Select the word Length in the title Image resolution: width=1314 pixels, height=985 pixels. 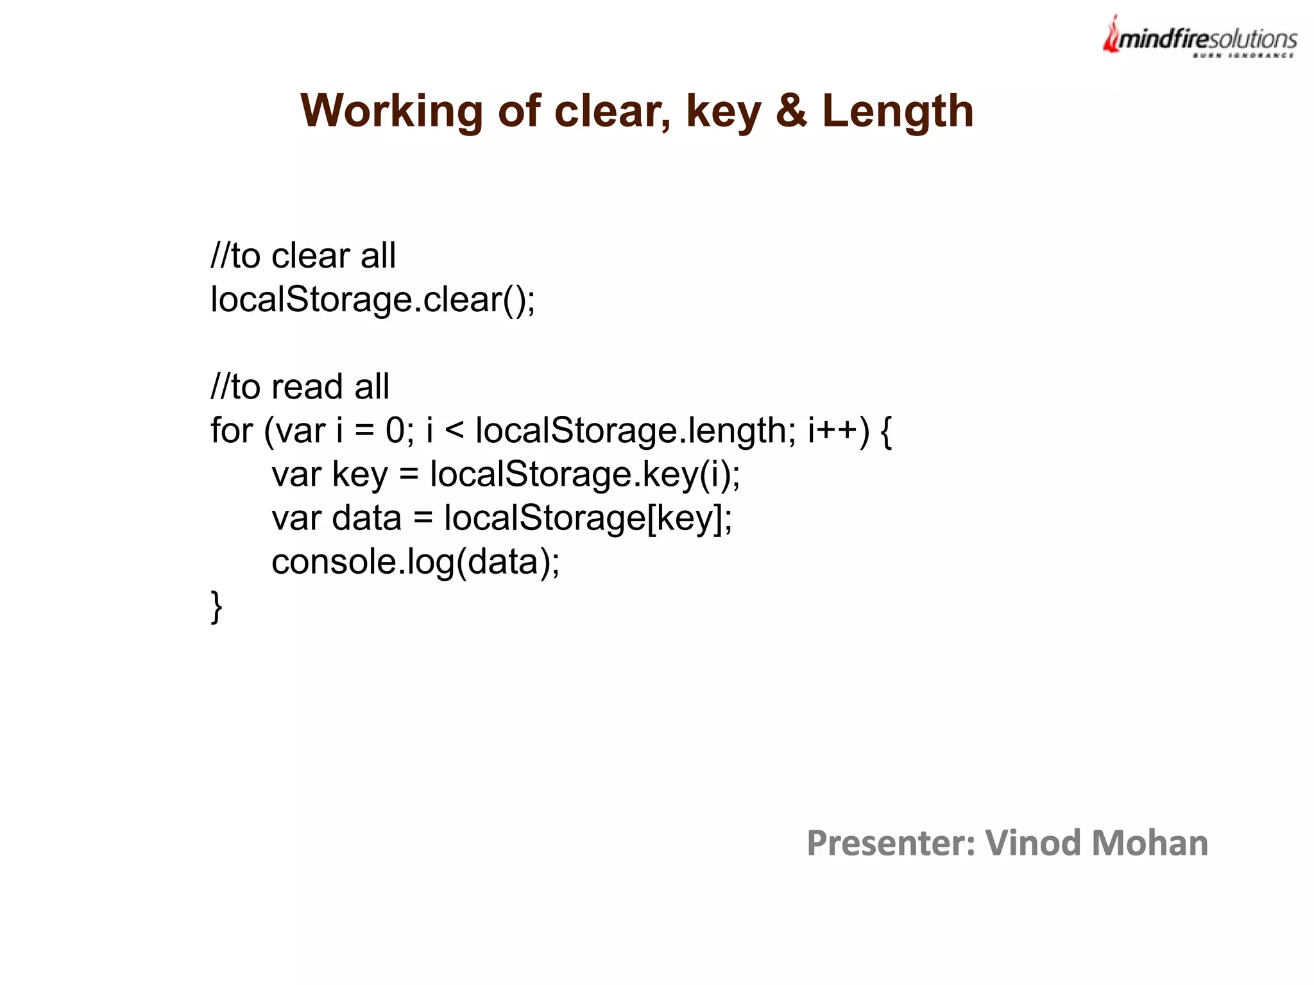(x=898, y=112)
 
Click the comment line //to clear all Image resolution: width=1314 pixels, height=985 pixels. (x=303, y=255)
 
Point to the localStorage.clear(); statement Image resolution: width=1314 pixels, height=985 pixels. (x=373, y=299)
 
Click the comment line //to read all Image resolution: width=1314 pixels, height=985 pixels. (x=300, y=386)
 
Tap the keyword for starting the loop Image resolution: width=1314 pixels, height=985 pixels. (x=232, y=430)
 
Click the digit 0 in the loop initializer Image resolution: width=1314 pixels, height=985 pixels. (x=395, y=430)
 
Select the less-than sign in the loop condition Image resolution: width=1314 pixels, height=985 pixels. (x=454, y=430)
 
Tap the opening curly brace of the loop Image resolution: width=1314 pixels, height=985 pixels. (x=886, y=431)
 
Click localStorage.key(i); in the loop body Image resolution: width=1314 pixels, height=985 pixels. (x=584, y=474)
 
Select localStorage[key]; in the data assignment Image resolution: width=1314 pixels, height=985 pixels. (x=588, y=518)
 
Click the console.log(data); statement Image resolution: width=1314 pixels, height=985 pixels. (x=415, y=562)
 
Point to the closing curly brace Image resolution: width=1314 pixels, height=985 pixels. (x=216, y=606)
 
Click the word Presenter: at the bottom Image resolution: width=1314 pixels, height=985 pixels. (x=891, y=843)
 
